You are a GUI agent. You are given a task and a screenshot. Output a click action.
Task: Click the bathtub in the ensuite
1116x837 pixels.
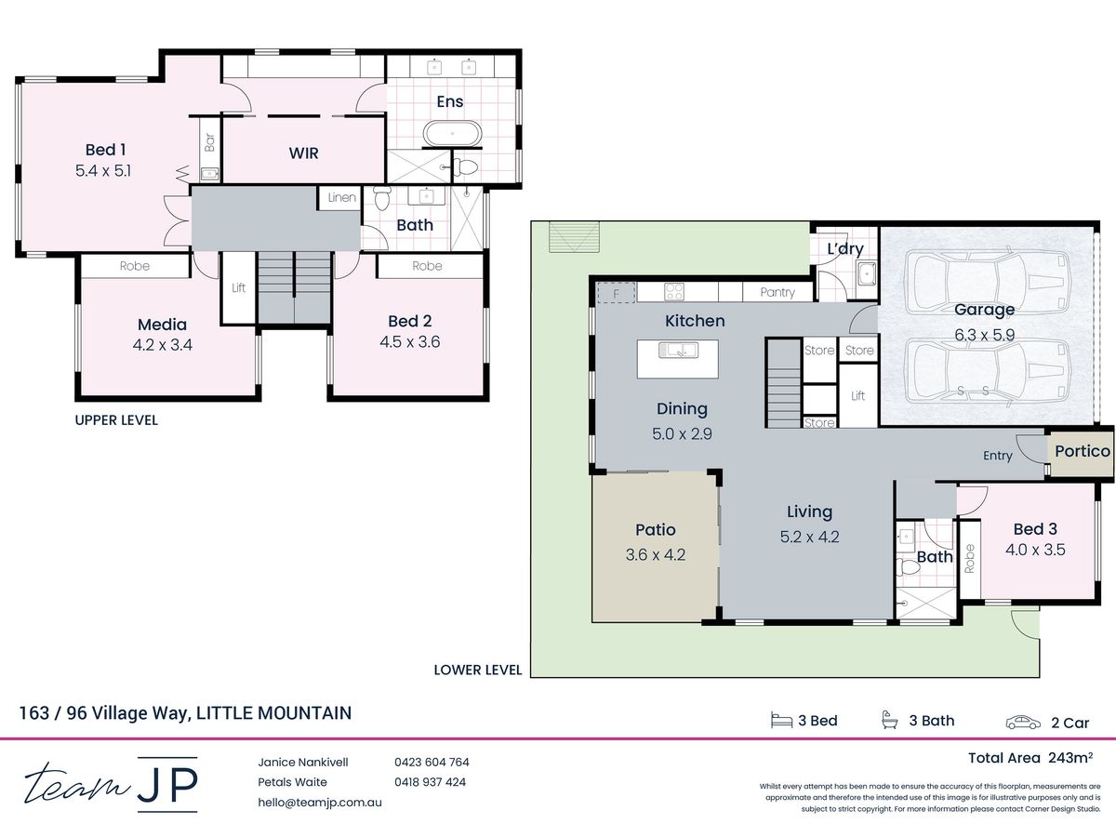[451, 134]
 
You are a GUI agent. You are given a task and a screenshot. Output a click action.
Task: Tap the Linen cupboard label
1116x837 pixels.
[341, 197]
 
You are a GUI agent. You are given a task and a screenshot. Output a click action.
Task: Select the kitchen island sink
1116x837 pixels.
[678, 350]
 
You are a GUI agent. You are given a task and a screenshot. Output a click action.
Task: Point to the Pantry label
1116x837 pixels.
[777, 292]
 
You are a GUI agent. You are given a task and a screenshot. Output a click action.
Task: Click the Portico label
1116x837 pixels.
[1083, 451]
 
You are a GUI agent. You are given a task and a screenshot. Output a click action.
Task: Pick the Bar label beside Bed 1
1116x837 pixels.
[209, 142]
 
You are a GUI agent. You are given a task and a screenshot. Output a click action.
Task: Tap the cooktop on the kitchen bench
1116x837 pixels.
[674, 292]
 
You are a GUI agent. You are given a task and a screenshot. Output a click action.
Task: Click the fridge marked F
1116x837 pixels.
[617, 293]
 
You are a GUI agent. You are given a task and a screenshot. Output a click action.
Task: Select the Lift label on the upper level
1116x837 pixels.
[238, 287]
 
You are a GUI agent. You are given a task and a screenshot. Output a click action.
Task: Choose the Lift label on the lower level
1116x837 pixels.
[857, 395]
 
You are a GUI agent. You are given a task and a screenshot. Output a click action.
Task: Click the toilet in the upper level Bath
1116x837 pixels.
[382, 198]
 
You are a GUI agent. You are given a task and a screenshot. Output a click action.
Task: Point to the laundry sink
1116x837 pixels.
[865, 274]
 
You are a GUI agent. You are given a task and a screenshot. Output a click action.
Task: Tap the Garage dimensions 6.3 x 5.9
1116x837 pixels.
[984, 335]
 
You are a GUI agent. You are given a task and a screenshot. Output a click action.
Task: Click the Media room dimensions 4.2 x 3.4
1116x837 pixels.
[162, 345]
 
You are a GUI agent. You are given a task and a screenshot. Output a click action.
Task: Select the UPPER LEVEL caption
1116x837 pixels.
[116, 420]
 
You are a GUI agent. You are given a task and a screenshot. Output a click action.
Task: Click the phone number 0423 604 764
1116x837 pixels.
[432, 762]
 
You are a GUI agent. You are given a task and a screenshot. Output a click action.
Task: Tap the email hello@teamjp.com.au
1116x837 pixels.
[320, 803]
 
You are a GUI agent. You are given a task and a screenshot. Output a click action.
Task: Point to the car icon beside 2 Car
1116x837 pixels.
[1023, 723]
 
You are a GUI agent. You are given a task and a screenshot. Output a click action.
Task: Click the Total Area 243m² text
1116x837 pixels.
[1030, 758]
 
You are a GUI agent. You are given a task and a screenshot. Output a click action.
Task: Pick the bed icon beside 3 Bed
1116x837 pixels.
[781, 721]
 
